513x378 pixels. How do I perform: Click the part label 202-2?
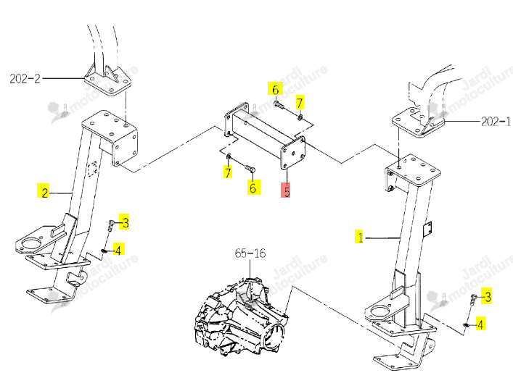[x=25, y=79]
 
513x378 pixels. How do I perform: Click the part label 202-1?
[x=496, y=122]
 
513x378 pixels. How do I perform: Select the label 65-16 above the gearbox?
[x=250, y=253]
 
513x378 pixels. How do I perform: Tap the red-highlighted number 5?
[x=287, y=190]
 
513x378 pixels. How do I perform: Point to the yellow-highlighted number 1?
[x=360, y=237]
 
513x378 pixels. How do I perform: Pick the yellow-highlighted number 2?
[x=44, y=192]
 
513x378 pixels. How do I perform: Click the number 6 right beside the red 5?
[x=253, y=188]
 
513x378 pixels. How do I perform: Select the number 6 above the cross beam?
[x=276, y=89]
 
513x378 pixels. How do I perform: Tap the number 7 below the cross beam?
[x=228, y=172]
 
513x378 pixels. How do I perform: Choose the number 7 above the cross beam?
[x=300, y=103]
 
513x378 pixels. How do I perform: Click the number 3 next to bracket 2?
[x=125, y=222]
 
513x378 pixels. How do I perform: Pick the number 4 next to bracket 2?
[x=118, y=250]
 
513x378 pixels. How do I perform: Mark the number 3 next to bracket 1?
[x=488, y=297]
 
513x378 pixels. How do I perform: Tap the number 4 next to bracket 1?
[x=480, y=324]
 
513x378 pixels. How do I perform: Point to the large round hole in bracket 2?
[x=30, y=243]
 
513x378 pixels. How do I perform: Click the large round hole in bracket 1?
[x=379, y=311]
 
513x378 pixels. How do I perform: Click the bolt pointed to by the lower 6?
[x=250, y=169]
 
